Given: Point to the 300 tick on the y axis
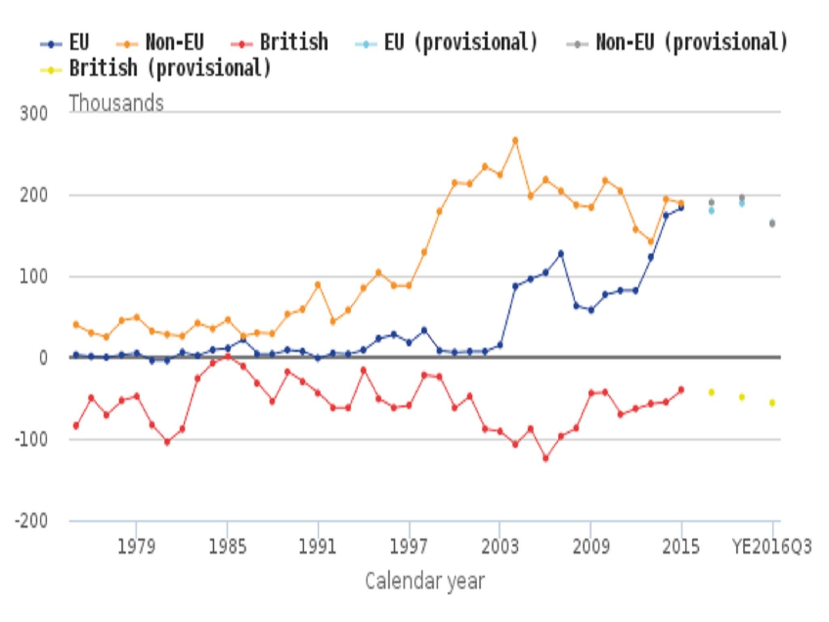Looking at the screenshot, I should click(34, 114).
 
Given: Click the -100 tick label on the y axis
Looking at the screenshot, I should click(31, 439).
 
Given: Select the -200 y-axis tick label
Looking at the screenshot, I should click(31, 520).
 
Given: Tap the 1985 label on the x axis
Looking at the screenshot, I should click(227, 547).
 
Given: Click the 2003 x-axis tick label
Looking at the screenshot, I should click(500, 547).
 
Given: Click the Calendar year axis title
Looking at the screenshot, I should click(425, 582).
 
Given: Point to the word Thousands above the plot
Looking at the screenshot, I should click(117, 103).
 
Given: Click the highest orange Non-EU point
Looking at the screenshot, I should click(515, 141).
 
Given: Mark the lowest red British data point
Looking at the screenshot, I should click(546, 458).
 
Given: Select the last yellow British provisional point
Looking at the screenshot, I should click(772, 403).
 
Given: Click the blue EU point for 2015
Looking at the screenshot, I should click(681, 208).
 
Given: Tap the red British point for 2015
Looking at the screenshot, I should click(681, 390).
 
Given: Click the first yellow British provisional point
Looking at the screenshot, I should click(712, 392).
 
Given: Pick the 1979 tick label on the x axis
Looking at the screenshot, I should click(136, 547).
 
